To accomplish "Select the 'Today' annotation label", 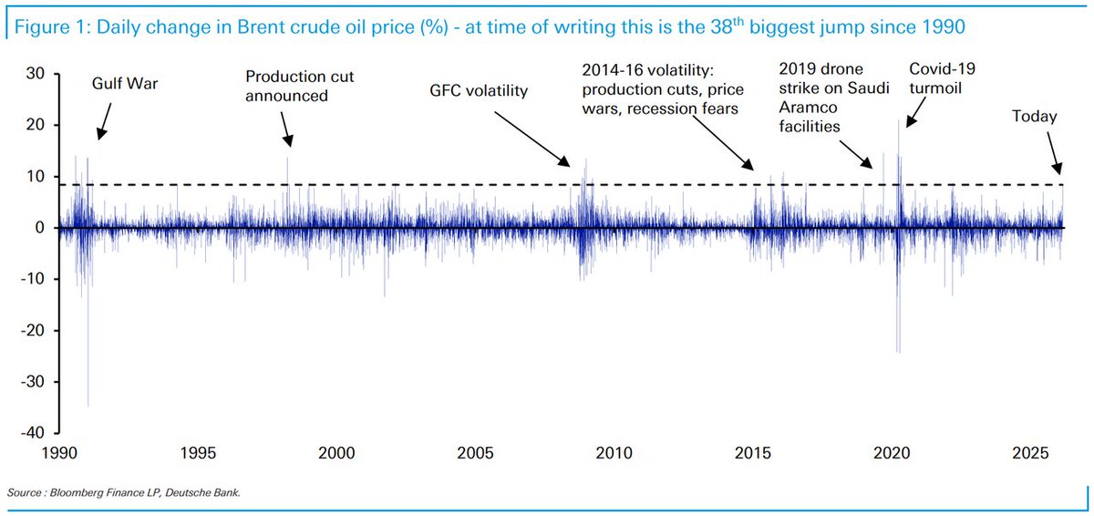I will pyautogui.click(x=1035, y=117).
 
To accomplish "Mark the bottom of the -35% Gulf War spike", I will pyautogui.click(x=88, y=405).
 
